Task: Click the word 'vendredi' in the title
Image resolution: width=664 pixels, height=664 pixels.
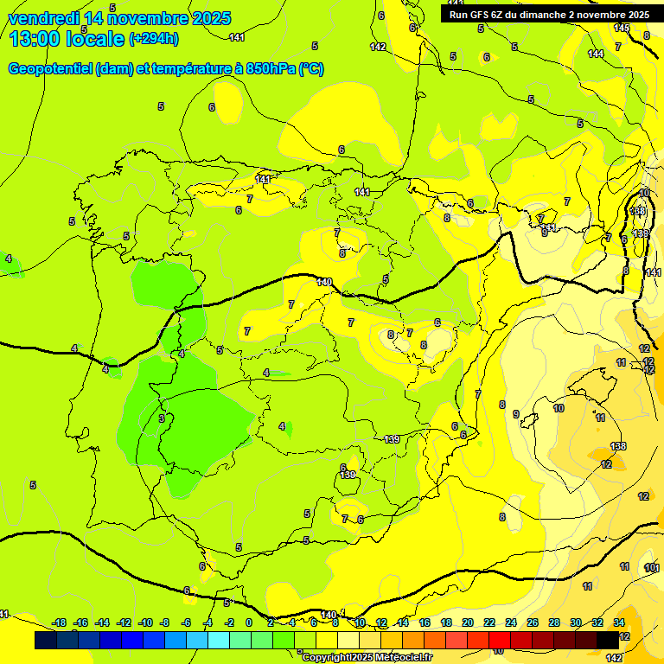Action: click(x=42, y=18)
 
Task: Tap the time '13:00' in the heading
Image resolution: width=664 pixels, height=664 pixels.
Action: click(x=35, y=39)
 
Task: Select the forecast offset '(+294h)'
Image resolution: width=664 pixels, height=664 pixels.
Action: click(x=154, y=39)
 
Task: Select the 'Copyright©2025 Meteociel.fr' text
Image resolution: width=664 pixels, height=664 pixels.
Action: click(x=366, y=658)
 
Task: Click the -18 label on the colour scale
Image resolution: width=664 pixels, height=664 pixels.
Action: click(x=60, y=622)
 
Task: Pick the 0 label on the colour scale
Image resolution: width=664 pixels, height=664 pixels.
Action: click(x=249, y=622)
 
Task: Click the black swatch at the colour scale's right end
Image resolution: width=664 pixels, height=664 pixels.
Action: click(x=608, y=640)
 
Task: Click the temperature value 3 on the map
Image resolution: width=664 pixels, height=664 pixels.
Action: click(x=162, y=418)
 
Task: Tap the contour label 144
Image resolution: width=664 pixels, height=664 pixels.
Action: click(x=596, y=54)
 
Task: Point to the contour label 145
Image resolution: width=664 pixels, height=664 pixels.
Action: click(x=621, y=28)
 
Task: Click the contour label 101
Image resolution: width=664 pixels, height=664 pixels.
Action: click(x=653, y=567)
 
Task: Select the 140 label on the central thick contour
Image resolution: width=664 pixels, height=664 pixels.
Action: click(x=324, y=282)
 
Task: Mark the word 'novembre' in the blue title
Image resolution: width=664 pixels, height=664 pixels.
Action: click(x=152, y=18)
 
